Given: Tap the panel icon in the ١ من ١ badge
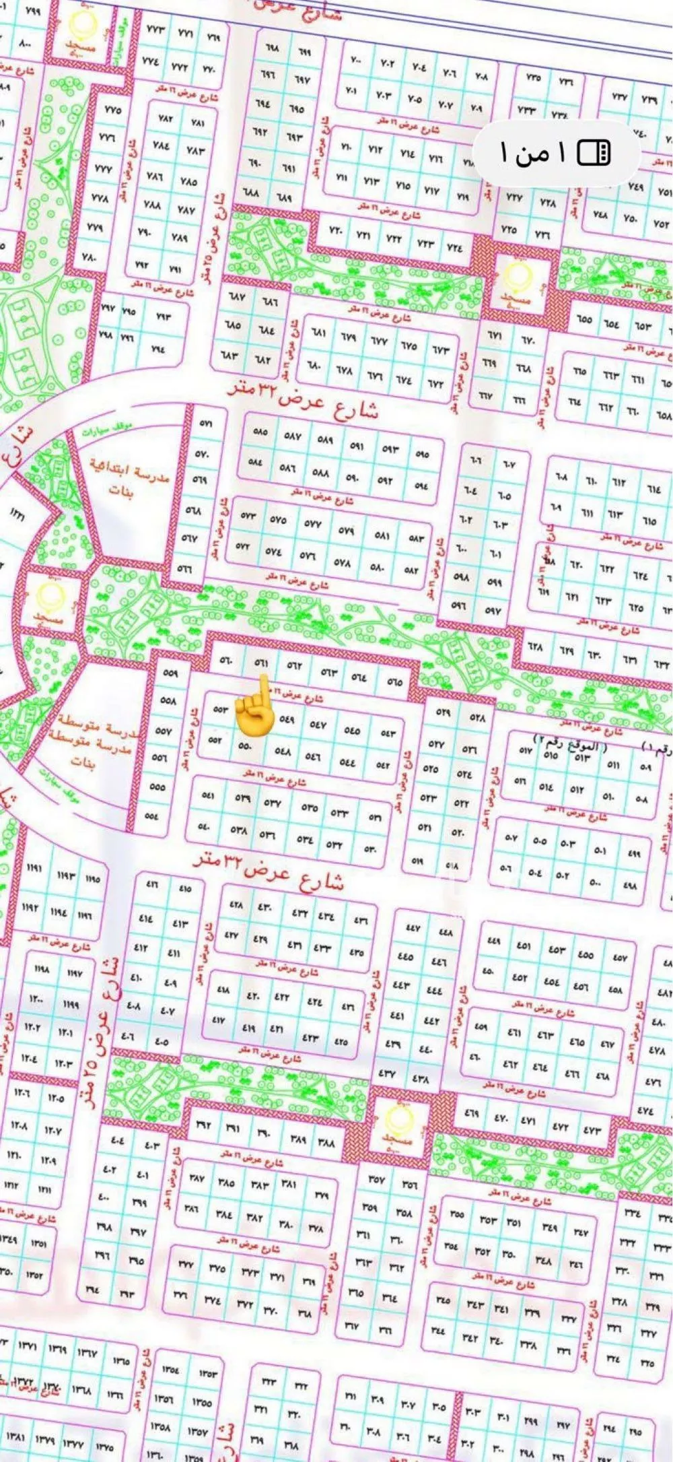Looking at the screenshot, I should pos(594,153).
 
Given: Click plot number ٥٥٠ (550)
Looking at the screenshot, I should pos(245,746).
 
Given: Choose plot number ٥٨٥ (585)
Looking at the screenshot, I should pos(259,432).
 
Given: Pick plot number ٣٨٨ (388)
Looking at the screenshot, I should pos(326,1143).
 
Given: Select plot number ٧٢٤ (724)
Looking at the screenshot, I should pos(454,247).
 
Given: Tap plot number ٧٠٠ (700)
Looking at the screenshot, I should pos(355,59).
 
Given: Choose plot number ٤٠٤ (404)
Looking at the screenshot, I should pos(118,1140).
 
